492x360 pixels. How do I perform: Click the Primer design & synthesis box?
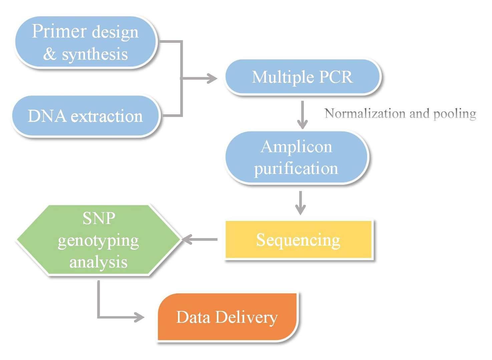(x=86, y=42)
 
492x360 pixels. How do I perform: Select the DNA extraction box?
(x=86, y=116)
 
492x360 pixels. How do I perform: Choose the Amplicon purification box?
(x=297, y=157)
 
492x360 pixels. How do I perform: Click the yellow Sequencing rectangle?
(x=299, y=240)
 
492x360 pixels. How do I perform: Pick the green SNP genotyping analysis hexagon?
(x=99, y=240)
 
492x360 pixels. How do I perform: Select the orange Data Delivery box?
(x=227, y=317)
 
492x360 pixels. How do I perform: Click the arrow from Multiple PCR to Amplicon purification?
(x=303, y=115)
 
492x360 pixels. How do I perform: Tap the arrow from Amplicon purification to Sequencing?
(x=301, y=203)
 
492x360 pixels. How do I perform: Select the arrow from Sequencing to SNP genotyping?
(x=200, y=239)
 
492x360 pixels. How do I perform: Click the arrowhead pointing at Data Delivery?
(x=139, y=317)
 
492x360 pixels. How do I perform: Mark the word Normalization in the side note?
(x=365, y=114)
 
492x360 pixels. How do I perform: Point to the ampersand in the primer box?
(x=50, y=54)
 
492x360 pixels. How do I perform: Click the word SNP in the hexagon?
(x=99, y=219)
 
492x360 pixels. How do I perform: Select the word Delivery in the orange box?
(x=247, y=317)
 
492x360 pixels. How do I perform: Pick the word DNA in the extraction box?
(x=47, y=116)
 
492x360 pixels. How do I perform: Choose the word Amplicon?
(x=297, y=147)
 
